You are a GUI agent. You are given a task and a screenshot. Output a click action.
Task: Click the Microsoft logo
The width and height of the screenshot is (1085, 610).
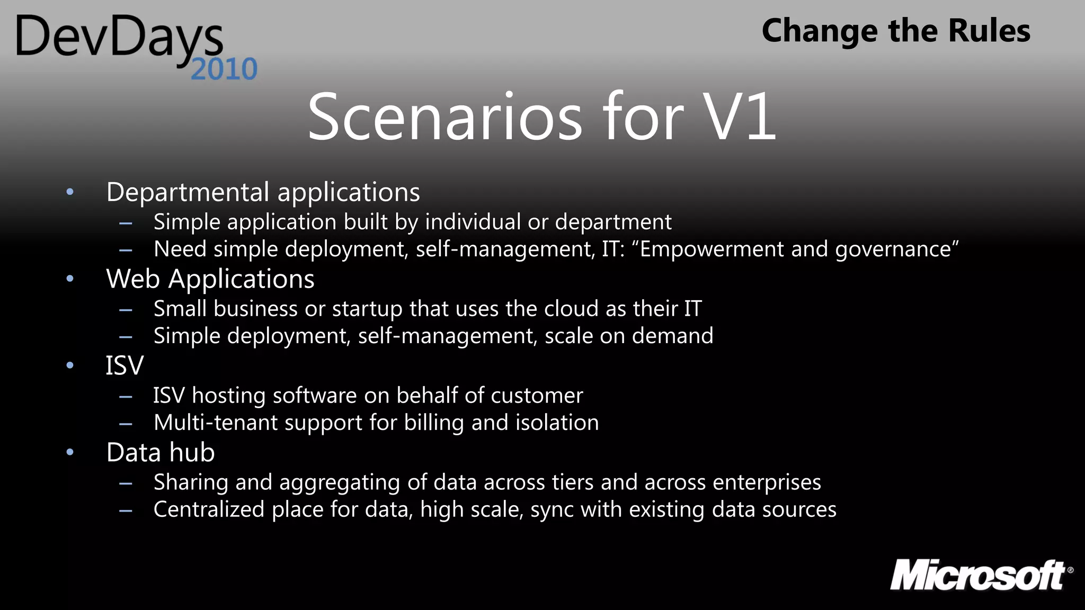pos(980,576)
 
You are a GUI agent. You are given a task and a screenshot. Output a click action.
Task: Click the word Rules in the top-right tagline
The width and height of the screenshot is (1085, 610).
pos(989,31)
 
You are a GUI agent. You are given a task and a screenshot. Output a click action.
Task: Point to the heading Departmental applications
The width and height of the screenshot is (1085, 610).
pos(263,192)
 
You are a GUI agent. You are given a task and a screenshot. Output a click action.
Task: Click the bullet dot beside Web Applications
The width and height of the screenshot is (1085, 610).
pos(70,279)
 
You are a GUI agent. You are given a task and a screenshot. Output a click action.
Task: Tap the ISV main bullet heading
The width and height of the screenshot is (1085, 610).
pos(124,365)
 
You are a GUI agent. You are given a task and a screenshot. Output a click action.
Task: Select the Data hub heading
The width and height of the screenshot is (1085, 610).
pos(161,452)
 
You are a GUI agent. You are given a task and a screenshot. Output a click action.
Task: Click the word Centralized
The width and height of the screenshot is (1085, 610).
pos(209,509)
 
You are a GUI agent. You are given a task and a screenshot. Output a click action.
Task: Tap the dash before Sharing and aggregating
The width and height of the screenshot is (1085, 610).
pos(126,483)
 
